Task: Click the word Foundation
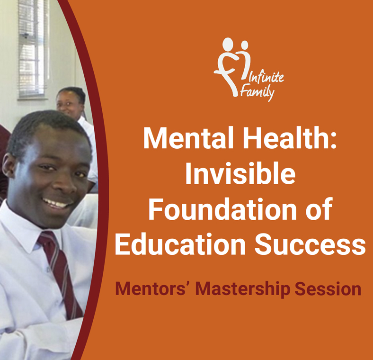click(x=222, y=209)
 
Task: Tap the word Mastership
click(x=243, y=289)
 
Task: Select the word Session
click(x=328, y=289)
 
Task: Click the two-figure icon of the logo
click(x=232, y=67)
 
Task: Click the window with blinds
click(x=33, y=49)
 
